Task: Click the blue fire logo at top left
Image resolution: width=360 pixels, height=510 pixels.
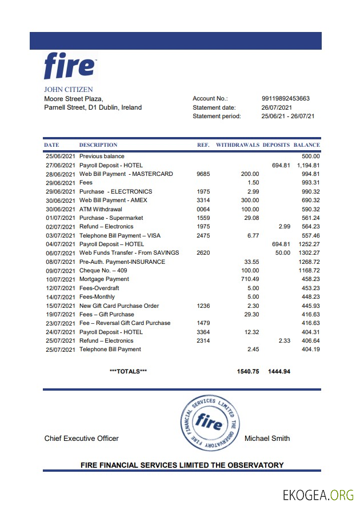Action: click(70, 66)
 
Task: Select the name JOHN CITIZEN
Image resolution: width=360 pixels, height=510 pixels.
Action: click(68, 90)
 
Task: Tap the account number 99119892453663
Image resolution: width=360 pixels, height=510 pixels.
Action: click(285, 98)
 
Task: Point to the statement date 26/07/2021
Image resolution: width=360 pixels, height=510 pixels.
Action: click(277, 107)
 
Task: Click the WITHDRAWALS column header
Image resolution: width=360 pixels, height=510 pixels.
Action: click(237, 145)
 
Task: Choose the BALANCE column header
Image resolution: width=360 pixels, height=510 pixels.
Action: click(306, 145)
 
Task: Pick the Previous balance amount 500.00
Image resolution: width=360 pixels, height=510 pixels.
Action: click(311, 156)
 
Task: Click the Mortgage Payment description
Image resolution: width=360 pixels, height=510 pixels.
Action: click(104, 279)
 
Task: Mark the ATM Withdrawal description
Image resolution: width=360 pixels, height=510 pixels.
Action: click(101, 209)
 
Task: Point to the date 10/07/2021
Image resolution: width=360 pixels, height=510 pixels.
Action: click(59, 279)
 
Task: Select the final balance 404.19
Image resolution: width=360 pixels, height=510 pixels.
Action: click(311, 350)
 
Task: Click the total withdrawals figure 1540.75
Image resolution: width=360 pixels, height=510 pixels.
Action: click(247, 371)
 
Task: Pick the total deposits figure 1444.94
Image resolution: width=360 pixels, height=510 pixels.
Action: click(279, 371)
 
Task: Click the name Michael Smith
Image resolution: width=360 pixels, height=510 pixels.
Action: click(267, 439)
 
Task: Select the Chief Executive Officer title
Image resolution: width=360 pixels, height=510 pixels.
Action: click(82, 439)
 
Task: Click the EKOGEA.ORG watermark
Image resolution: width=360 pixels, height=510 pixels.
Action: click(318, 495)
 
